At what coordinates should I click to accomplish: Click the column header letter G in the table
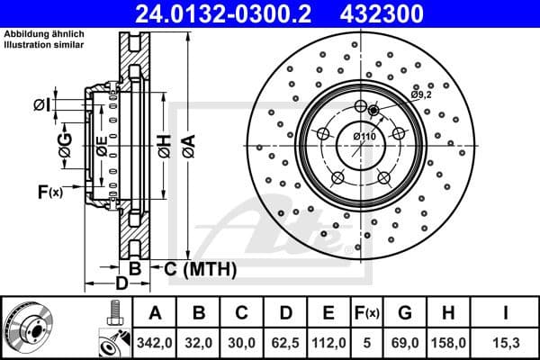tap(404, 312)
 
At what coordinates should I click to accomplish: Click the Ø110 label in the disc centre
tap(364, 136)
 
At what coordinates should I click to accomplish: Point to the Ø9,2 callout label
tap(422, 94)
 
